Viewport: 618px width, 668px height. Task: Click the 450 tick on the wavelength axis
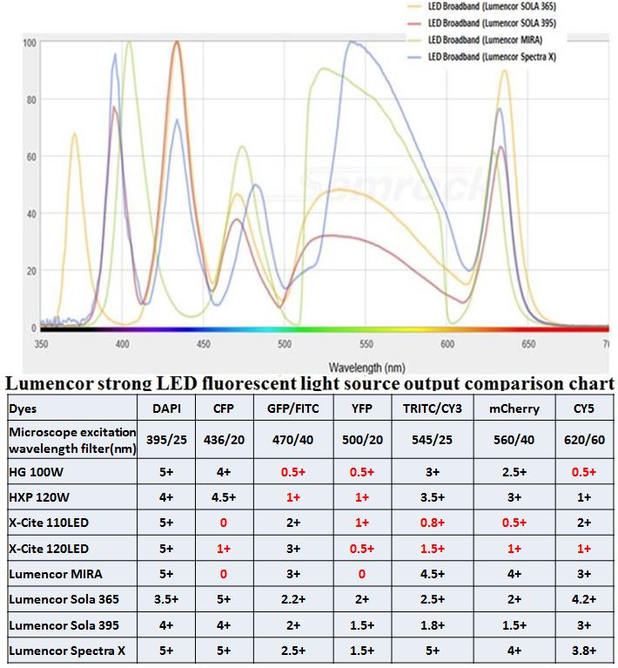coord(204,344)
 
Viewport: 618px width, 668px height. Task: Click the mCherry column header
coord(514,408)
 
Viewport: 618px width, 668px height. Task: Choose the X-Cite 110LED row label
coord(50,523)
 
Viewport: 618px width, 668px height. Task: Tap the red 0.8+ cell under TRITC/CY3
coord(439,523)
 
